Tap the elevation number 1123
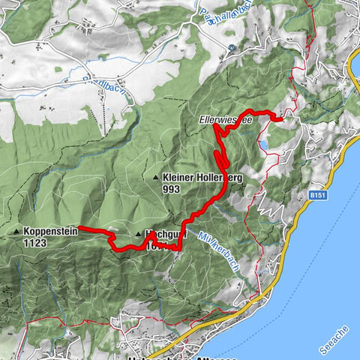[36, 243]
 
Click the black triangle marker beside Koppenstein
[16, 232]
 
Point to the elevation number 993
[171, 190]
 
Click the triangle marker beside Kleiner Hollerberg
[155, 178]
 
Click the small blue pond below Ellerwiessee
[263, 143]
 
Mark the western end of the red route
[81, 229]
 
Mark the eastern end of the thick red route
[279, 118]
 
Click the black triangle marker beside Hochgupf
[139, 234]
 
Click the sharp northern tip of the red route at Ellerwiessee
[216, 126]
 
